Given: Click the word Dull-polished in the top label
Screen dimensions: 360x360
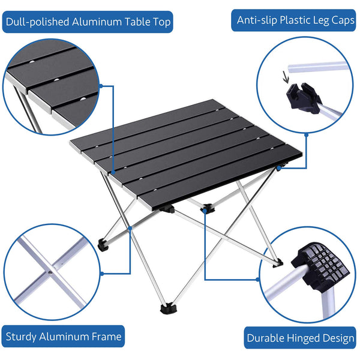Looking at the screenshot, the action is click(x=37, y=22).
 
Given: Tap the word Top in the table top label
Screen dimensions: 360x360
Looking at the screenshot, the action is click(x=161, y=22).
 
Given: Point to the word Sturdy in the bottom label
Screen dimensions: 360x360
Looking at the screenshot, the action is click(x=21, y=337).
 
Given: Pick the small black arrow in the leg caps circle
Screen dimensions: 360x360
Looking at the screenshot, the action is click(x=286, y=77).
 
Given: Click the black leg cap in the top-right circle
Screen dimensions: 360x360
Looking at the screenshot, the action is click(x=304, y=98).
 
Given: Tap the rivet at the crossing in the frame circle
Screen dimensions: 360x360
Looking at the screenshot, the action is click(x=50, y=272).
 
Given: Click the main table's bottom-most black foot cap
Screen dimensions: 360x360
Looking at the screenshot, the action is click(x=169, y=308).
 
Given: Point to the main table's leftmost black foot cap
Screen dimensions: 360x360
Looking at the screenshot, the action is click(x=103, y=245).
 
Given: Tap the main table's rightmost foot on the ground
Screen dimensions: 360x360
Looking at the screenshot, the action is click(x=278, y=263).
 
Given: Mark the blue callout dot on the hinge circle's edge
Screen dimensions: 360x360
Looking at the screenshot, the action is click(x=258, y=280).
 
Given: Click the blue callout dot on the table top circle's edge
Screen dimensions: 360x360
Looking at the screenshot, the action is click(x=101, y=86).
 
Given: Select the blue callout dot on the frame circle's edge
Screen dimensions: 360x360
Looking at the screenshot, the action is click(x=103, y=274).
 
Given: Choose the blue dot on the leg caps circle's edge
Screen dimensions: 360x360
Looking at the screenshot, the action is click(x=306, y=135).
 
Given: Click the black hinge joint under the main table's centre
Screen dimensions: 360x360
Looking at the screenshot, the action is click(x=208, y=208).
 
